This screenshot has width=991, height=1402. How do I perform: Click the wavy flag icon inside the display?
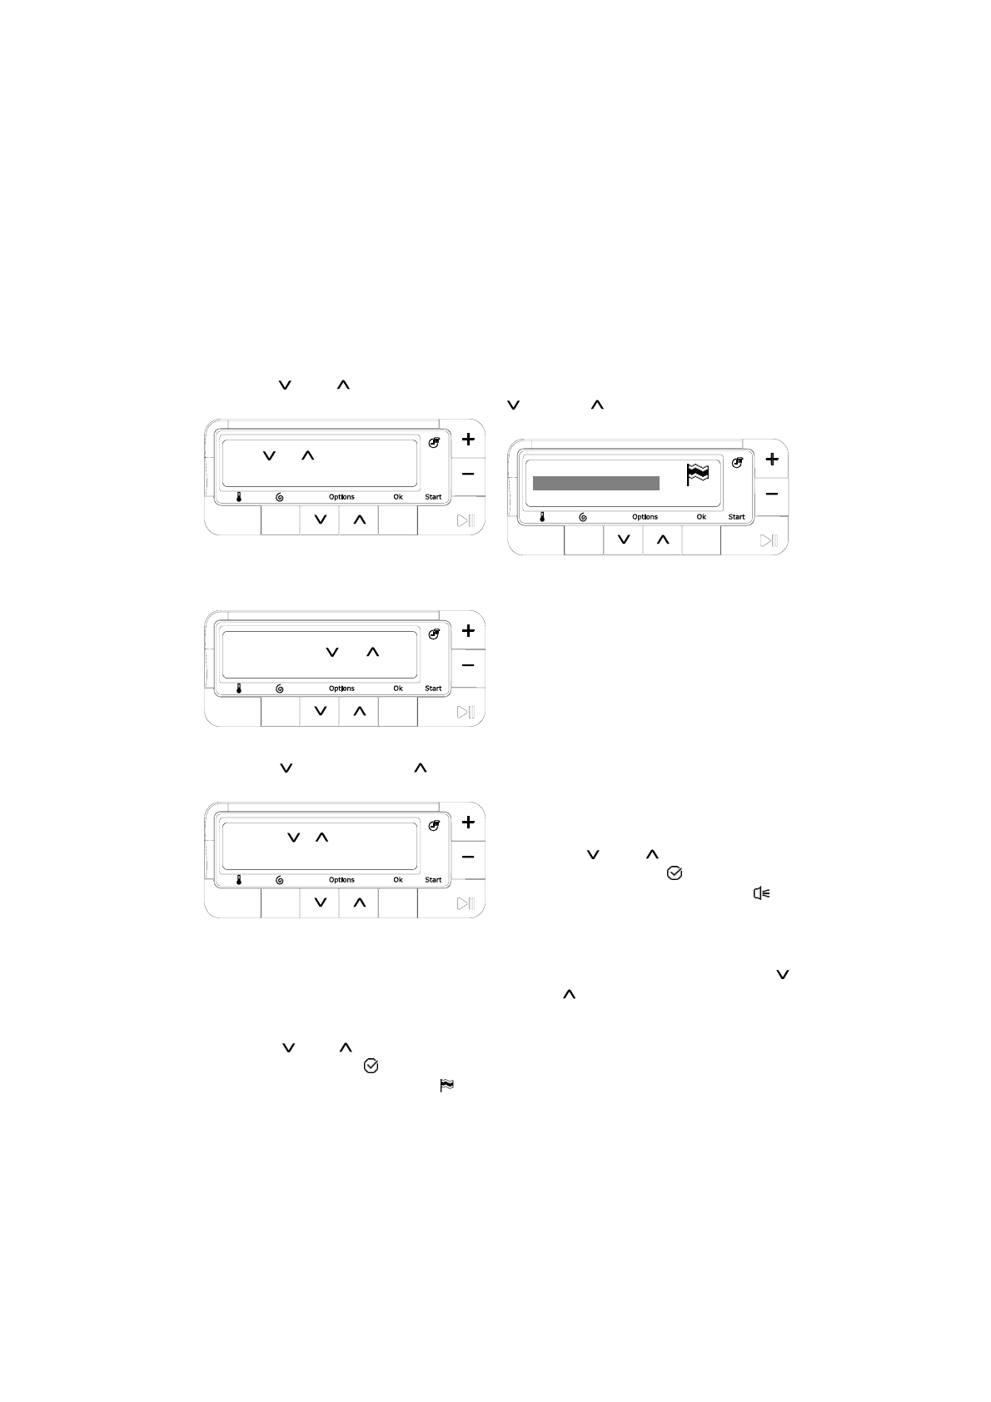click(697, 474)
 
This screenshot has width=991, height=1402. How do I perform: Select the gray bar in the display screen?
click(595, 483)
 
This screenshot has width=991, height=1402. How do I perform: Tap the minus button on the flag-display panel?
click(771, 494)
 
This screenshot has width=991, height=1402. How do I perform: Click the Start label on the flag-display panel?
click(736, 517)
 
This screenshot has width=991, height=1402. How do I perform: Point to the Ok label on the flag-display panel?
click(701, 517)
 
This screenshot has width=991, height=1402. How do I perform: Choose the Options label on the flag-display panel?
click(645, 517)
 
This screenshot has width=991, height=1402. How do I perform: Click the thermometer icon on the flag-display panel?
click(542, 517)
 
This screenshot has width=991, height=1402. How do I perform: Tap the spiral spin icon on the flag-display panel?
click(583, 517)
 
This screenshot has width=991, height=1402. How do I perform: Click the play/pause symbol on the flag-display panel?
click(769, 540)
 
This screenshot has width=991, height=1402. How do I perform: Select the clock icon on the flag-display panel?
click(738, 463)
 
